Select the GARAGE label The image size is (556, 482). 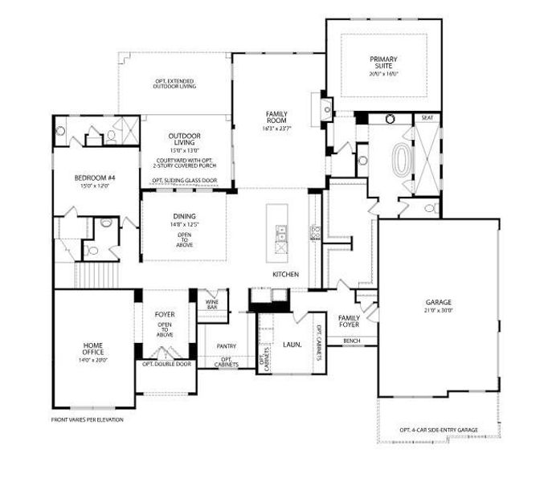click(x=439, y=302)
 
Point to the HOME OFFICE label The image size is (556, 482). click(x=93, y=349)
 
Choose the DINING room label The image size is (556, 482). click(x=184, y=216)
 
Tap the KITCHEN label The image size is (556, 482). click(x=285, y=275)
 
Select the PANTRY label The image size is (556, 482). click(x=226, y=346)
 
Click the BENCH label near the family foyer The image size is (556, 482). click(x=351, y=341)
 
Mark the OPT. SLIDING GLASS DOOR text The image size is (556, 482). click(x=184, y=180)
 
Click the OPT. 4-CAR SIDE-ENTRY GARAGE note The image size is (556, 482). click(x=439, y=430)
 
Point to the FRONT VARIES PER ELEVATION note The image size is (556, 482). click(x=88, y=419)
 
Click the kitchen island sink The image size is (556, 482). click(x=281, y=235)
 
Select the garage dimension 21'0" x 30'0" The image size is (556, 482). click(x=439, y=310)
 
